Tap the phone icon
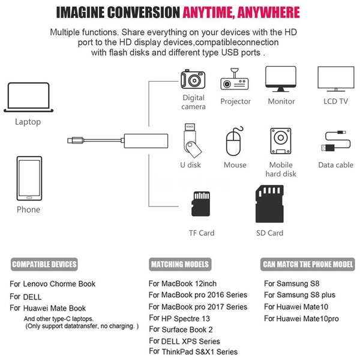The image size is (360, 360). click(x=28, y=178)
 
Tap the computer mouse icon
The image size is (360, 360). click(x=235, y=143)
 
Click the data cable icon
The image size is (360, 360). click(x=335, y=143)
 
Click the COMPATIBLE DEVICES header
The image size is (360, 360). click(x=44, y=265)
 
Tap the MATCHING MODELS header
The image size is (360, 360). click(x=180, y=265)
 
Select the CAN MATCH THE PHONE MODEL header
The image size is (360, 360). click(x=308, y=265)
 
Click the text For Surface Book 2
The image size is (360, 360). click(x=181, y=329)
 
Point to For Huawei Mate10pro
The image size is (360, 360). click(x=302, y=318)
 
